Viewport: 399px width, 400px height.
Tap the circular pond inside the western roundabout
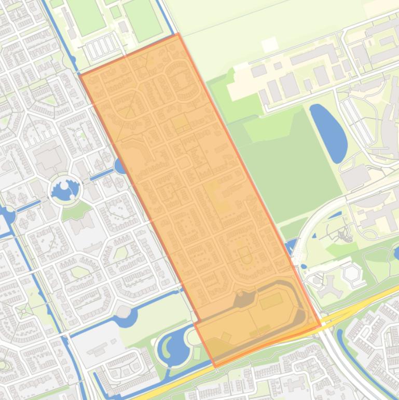coord(65,190)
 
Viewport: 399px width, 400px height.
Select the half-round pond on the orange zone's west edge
coord(119,166)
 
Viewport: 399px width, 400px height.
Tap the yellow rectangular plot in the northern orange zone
coord(181,123)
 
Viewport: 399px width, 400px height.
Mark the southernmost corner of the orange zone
coord(215,367)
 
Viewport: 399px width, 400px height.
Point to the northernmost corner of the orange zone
coord(178,34)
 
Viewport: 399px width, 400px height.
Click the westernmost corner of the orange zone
coord(80,75)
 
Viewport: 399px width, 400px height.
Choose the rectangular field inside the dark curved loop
coord(271,301)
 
